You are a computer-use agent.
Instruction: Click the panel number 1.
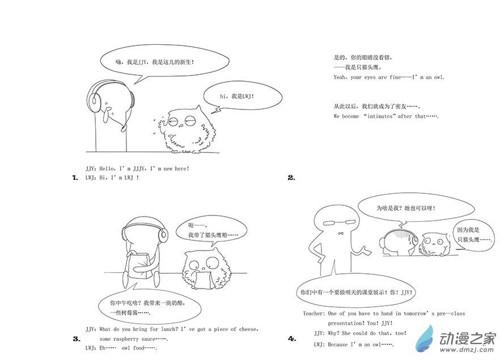coord(75,177)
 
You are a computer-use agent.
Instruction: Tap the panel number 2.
coord(291,177)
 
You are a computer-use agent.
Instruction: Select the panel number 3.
coord(77,338)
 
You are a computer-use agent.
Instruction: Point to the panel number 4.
coord(292,338)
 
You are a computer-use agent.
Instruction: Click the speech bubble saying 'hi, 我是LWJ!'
coord(243,96)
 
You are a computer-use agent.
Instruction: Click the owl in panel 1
coord(185,130)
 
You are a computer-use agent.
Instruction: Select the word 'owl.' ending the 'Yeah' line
coord(439,77)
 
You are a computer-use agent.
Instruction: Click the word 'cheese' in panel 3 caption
coord(249,329)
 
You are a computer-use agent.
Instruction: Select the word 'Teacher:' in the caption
coord(314,314)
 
